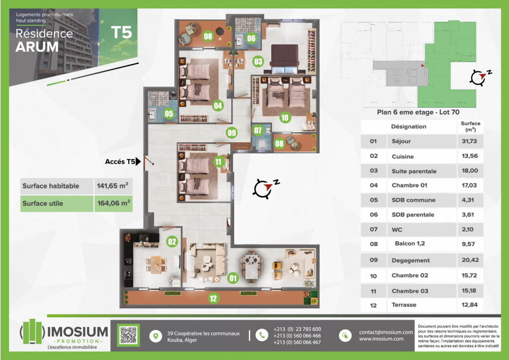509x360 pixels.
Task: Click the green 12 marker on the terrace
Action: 213,298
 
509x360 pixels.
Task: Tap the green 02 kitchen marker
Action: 171,241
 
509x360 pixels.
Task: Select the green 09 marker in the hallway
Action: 232,132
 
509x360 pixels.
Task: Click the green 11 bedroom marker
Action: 218,162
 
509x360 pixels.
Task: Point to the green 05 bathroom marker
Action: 169,113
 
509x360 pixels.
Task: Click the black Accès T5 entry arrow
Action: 138,161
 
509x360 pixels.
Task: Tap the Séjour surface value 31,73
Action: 469,141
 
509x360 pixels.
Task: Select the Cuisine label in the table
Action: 403,157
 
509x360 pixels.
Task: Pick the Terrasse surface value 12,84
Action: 469,305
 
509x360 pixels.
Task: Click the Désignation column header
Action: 409,127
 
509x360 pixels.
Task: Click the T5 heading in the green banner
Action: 121,32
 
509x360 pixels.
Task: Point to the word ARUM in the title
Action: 37,47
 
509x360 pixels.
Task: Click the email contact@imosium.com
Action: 386,332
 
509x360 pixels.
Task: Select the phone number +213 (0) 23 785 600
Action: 297,329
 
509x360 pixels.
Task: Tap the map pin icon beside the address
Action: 156,336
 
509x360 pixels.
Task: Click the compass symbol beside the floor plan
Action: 264,188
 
